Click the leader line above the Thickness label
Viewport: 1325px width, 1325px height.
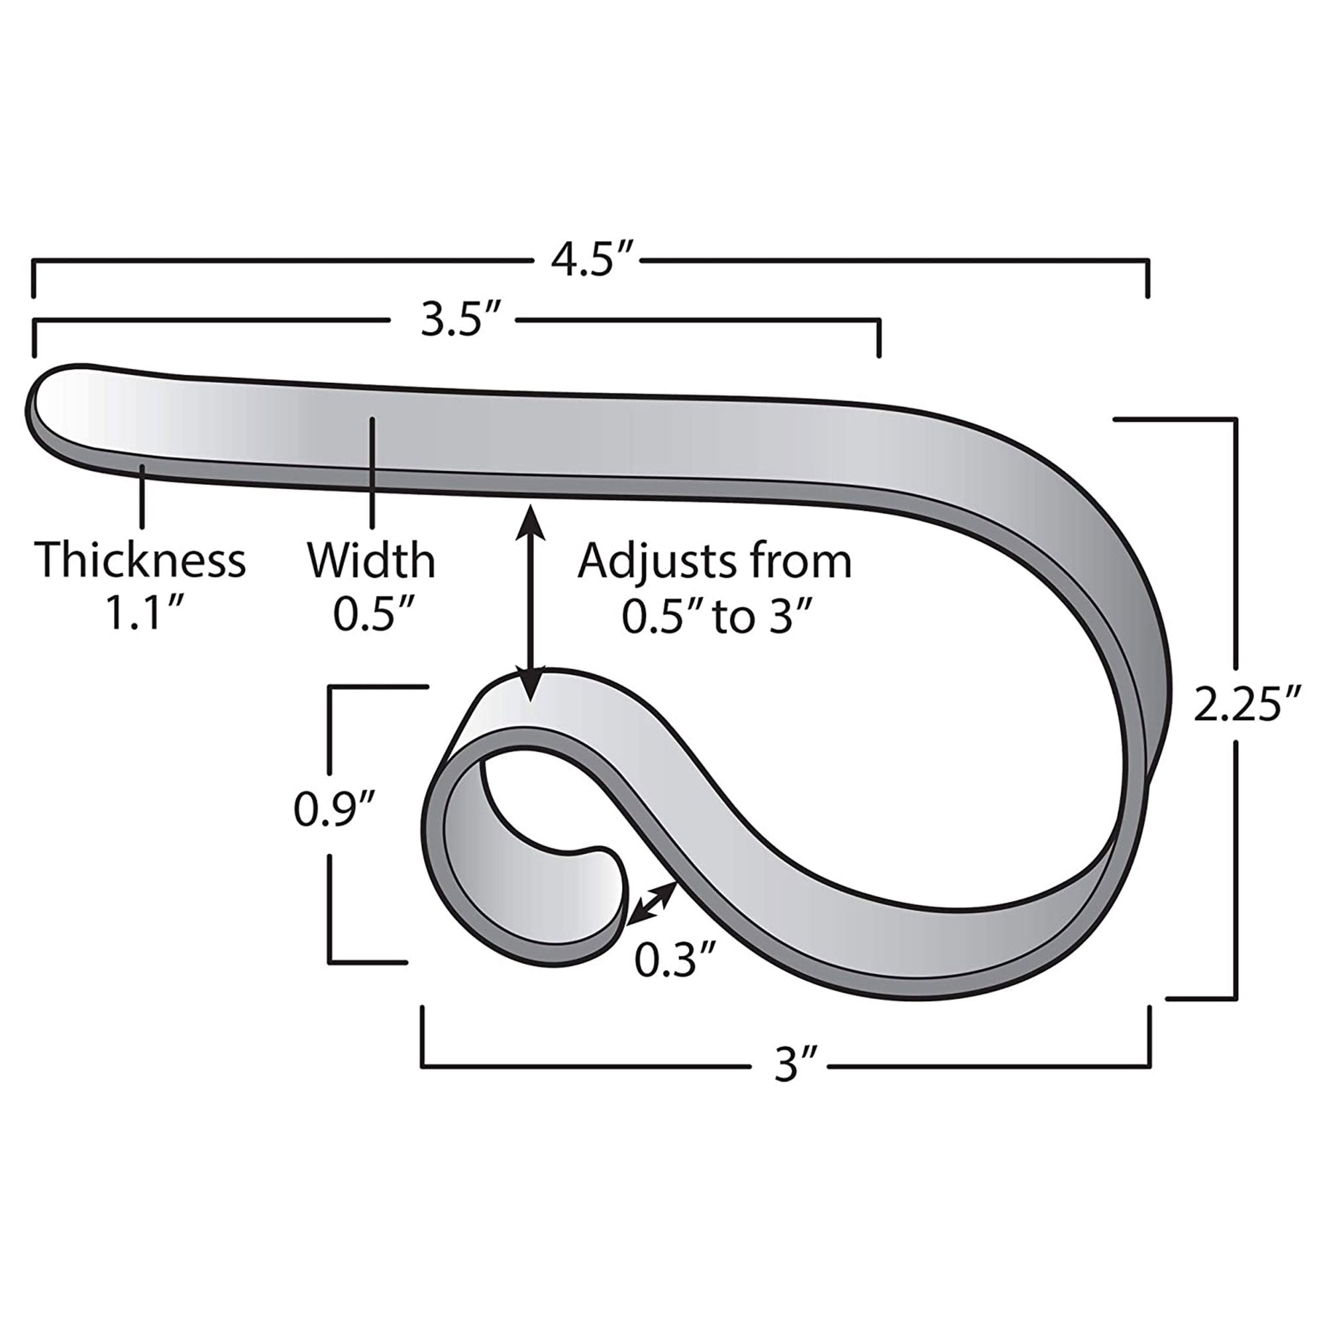click(x=142, y=495)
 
